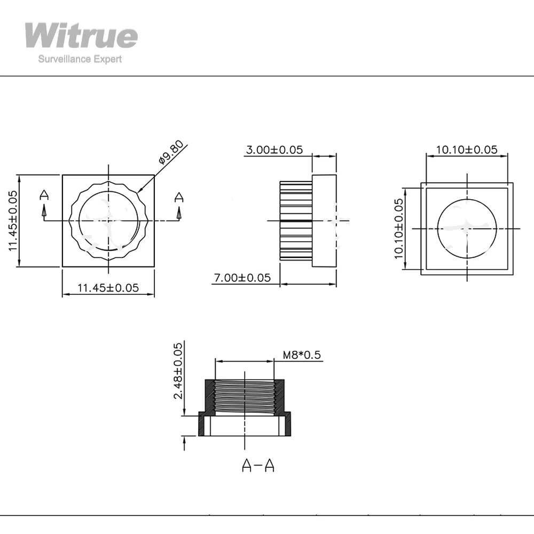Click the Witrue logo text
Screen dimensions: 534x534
pos(81,35)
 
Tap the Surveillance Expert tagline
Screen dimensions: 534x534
pos(80,59)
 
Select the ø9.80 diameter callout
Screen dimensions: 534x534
pos(171,152)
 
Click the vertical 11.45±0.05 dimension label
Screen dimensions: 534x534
pos(13,221)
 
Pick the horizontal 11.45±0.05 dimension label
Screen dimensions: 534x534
pos(108,288)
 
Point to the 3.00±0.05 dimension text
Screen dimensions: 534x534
pos(274,150)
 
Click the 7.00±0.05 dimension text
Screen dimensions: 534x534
pos(242,278)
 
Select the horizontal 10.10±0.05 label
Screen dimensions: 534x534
pos(467,150)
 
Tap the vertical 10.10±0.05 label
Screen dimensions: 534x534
pos(399,229)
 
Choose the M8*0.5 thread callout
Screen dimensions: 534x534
pos(302,355)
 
